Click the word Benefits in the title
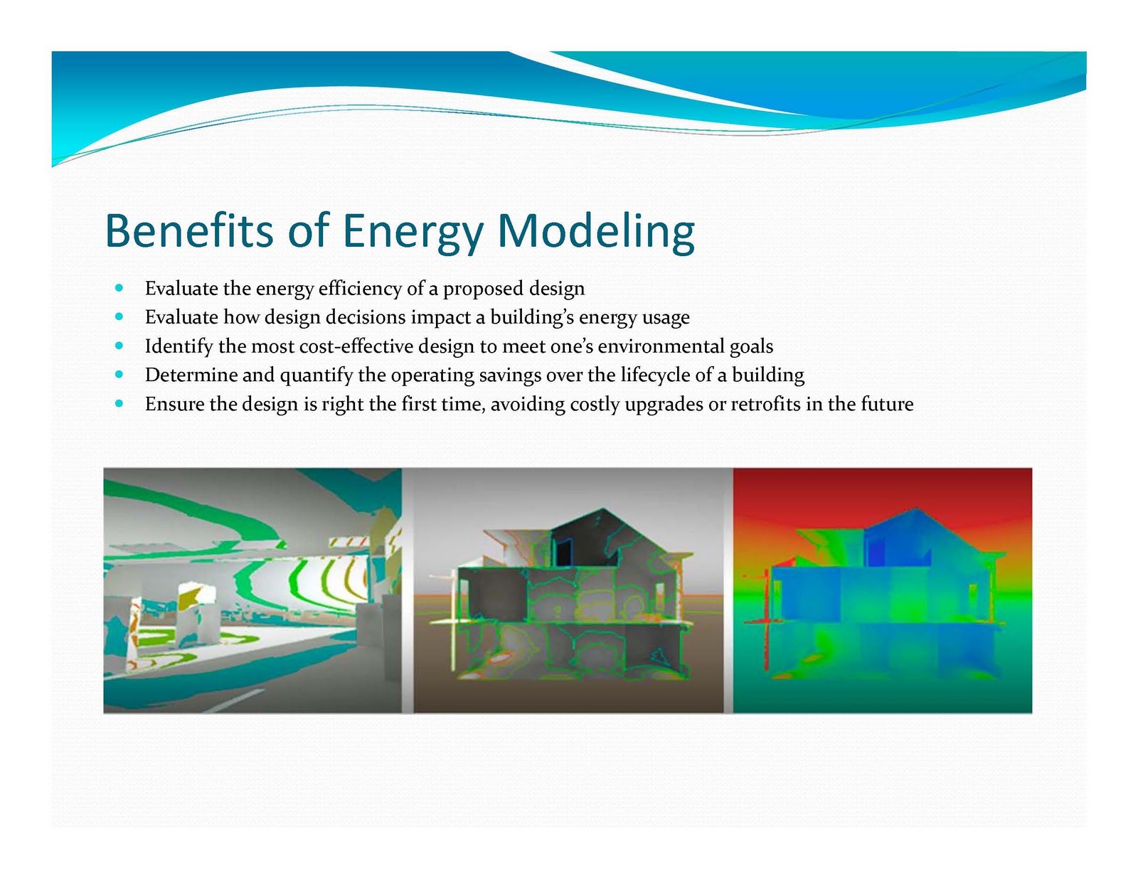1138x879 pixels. tap(188, 231)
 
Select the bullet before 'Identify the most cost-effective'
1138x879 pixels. tap(119, 346)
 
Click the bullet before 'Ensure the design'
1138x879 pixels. tap(119, 404)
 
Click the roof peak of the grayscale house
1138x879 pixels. tap(603, 509)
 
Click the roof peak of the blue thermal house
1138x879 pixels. tap(916, 509)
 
